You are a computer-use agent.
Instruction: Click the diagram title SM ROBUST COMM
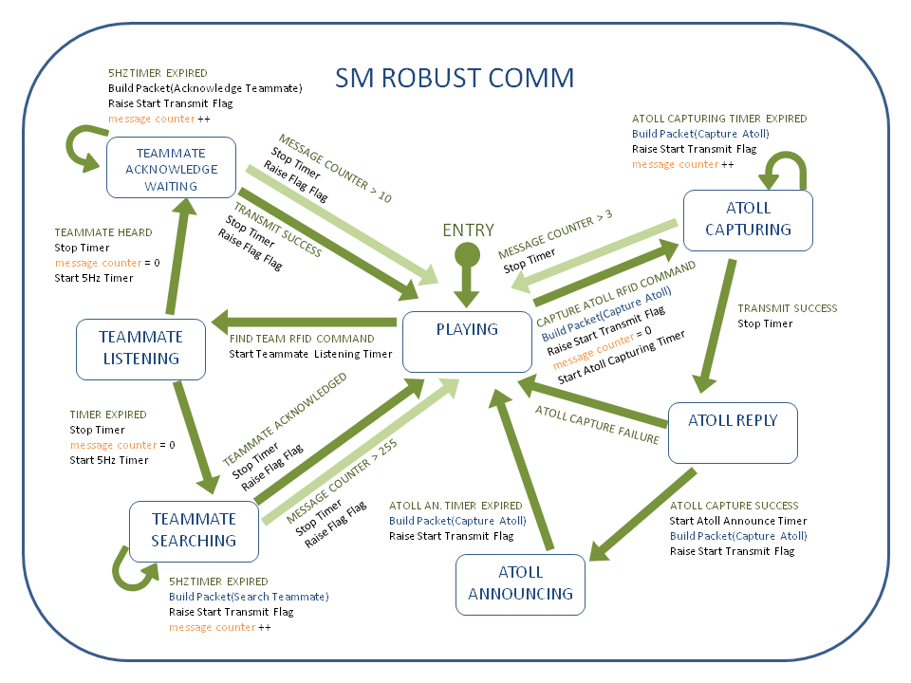(x=455, y=78)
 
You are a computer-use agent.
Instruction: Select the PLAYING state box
(x=466, y=341)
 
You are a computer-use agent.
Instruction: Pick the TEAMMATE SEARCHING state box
(x=195, y=530)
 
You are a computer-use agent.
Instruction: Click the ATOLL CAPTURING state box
(x=750, y=219)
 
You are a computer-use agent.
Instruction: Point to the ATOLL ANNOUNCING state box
(x=520, y=583)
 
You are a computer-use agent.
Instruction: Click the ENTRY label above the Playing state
(x=467, y=231)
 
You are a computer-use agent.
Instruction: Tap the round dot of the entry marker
(x=466, y=253)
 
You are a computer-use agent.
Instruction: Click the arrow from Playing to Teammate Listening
(x=304, y=320)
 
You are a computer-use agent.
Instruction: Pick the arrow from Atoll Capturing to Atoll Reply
(x=716, y=323)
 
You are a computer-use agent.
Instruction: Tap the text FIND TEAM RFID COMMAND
(x=302, y=339)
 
